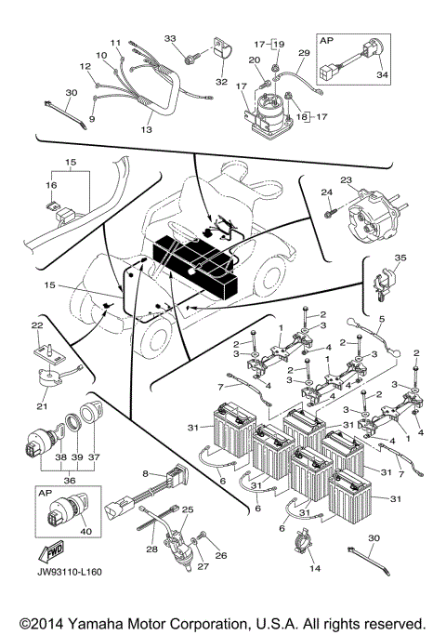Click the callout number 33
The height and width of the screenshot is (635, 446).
click(x=170, y=38)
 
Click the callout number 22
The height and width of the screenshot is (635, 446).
click(x=37, y=325)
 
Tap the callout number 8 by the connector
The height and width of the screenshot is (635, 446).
click(x=146, y=474)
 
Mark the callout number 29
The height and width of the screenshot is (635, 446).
click(x=303, y=55)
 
